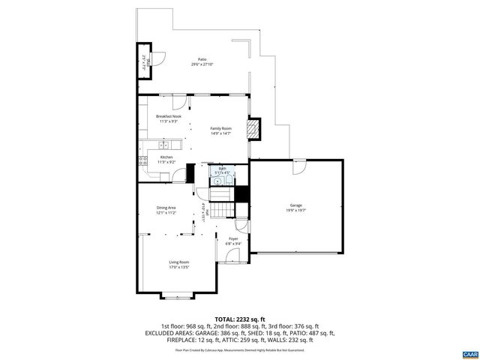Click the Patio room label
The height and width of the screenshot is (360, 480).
202,59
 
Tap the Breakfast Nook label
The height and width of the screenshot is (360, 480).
168,116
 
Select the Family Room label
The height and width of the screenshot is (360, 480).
220,128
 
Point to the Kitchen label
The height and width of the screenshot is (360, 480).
166,157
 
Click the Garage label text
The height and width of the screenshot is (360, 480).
296,205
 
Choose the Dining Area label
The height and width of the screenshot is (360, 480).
166,208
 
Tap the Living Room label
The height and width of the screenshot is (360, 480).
178,262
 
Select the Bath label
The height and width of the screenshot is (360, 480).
222,169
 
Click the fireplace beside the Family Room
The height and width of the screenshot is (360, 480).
255,129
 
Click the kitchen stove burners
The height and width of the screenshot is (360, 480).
142,160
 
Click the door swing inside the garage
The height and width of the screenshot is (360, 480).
299,169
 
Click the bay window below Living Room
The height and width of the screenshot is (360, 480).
178,296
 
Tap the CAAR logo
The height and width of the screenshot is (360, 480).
469,352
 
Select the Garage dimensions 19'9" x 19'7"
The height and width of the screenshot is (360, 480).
296,210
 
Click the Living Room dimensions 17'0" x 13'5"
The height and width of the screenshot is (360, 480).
178,267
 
